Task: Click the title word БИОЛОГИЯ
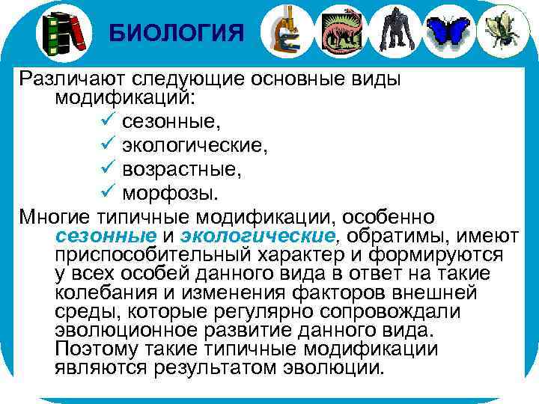point(176,33)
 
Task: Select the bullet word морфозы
point(171,194)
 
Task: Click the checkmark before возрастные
point(105,169)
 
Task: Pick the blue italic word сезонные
point(106,236)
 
